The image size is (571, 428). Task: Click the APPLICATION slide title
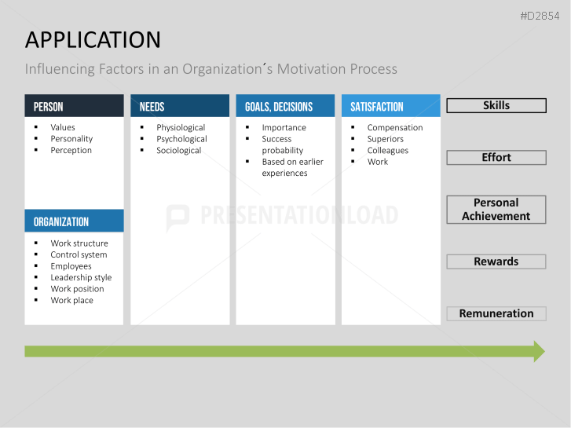pos(93,39)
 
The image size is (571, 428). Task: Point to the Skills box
pos(496,105)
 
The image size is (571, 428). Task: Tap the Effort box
pos(496,157)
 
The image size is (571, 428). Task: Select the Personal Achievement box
pos(496,209)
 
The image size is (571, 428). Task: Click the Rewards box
pos(496,262)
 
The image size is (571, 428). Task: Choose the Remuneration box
pos(496,313)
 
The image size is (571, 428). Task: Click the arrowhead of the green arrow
pos(539,351)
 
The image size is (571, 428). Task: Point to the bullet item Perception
pos(71,150)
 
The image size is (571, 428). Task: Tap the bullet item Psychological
pos(181,139)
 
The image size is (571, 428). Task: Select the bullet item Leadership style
pos(81,277)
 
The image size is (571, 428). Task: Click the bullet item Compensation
pos(395,127)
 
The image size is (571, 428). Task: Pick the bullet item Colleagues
pos(388,150)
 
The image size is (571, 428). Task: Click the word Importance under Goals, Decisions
pos(284,127)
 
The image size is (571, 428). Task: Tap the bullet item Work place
pos(71,300)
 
